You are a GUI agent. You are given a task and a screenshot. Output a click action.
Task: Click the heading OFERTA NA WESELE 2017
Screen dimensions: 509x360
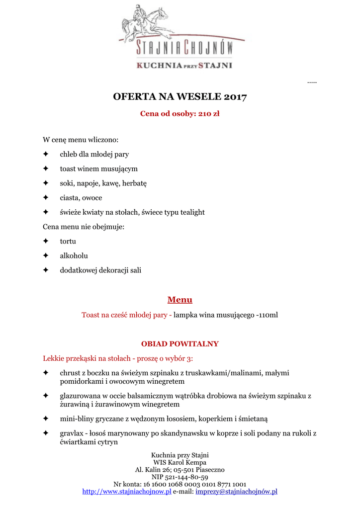(180, 96)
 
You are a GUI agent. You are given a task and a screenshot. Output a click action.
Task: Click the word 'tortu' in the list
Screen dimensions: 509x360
(68, 241)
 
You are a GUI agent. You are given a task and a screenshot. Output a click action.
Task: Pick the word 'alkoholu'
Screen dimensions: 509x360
(74, 255)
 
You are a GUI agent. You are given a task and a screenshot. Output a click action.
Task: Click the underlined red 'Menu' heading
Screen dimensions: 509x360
(180, 300)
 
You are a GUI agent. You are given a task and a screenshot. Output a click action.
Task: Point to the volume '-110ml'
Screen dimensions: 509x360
(267, 315)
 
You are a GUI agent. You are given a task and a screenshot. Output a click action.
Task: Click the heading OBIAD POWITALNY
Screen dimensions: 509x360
(180, 344)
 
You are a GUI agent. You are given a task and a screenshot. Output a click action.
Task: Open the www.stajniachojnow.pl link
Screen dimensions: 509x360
(127, 492)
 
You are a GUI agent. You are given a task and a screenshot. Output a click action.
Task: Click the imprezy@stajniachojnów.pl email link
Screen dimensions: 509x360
(236, 492)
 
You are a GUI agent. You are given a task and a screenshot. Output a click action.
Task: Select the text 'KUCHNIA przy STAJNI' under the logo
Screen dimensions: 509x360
(184, 65)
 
